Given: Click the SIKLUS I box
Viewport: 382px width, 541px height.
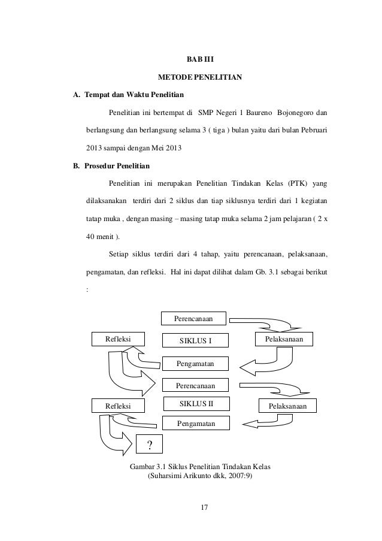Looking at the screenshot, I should pos(196,341).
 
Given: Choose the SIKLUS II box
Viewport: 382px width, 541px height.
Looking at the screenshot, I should pos(196,403).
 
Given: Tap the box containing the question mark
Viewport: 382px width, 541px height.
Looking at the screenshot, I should pos(149,445).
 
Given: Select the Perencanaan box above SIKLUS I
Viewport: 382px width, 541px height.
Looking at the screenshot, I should pos(196,318).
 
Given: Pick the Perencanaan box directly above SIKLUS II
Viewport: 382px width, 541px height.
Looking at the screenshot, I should pos(196,383).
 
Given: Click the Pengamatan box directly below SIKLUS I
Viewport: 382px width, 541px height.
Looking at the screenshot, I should pos(196,364).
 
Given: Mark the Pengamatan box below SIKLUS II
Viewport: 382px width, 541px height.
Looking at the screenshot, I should pos(196,424).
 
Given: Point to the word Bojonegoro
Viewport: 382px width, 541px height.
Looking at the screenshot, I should pos(300,112).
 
